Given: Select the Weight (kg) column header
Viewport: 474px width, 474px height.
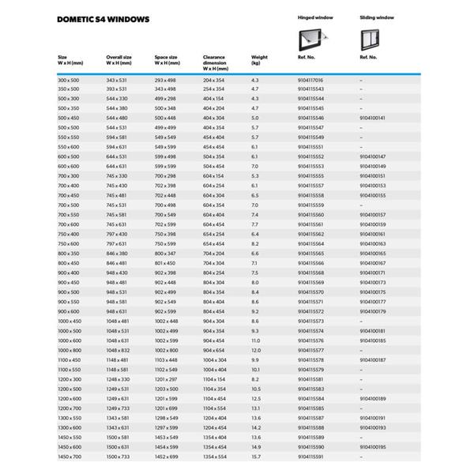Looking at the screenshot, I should pos(260,60).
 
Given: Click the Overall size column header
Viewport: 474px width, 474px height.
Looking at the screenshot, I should pos(120,60).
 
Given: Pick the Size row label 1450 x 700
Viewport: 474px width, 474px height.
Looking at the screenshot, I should pos(70,457).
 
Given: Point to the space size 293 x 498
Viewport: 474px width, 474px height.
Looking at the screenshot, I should pos(165,81).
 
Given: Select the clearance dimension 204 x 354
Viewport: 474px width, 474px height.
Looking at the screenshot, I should pos(214,81).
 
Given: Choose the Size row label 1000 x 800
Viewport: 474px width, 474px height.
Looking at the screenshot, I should pos(70,349).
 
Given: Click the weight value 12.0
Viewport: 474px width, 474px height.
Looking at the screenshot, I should pos(256,349).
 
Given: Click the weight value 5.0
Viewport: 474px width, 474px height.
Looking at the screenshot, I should pos(254,116).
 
